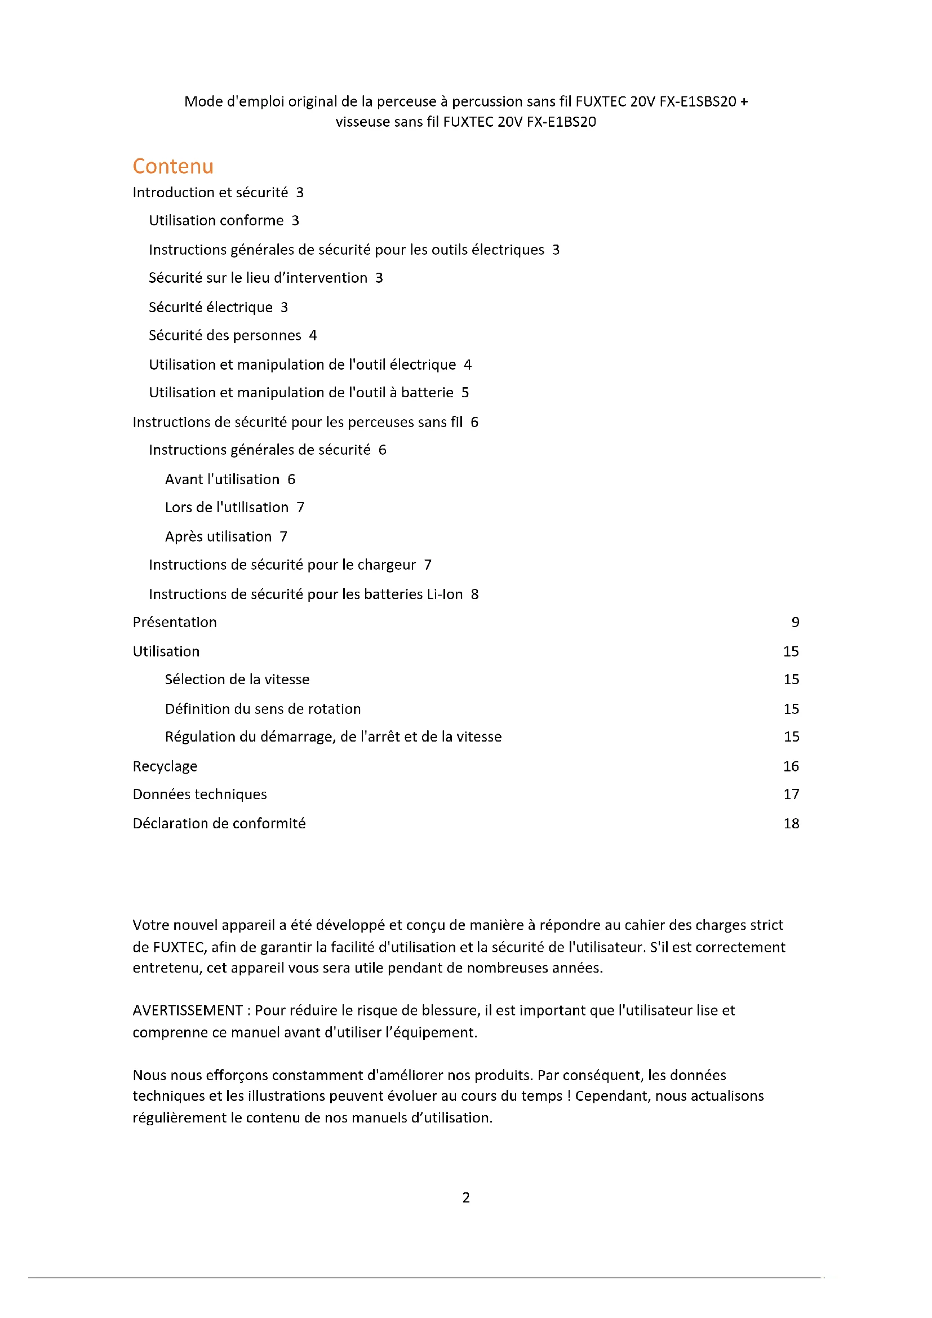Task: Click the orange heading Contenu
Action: (x=173, y=166)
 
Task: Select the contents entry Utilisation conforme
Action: (x=216, y=220)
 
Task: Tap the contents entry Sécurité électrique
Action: (x=211, y=307)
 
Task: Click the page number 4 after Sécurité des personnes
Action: (x=313, y=335)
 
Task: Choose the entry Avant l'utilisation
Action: (x=222, y=480)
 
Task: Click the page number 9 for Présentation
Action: (x=795, y=622)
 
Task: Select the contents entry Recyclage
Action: (x=165, y=766)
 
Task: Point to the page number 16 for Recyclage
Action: (x=791, y=766)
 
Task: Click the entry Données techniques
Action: (x=199, y=794)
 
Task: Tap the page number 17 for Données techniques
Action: (x=791, y=794)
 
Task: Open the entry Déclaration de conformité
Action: (x=219, y=823)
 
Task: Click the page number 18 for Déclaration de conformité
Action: (x=791, y=823)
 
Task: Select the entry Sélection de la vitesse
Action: (x=237, y=679)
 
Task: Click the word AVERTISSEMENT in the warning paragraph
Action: (x=188, y=1010)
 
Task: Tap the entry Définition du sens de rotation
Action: (x=263, y=709)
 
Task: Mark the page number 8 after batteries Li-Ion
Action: (x=474, y=594)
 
